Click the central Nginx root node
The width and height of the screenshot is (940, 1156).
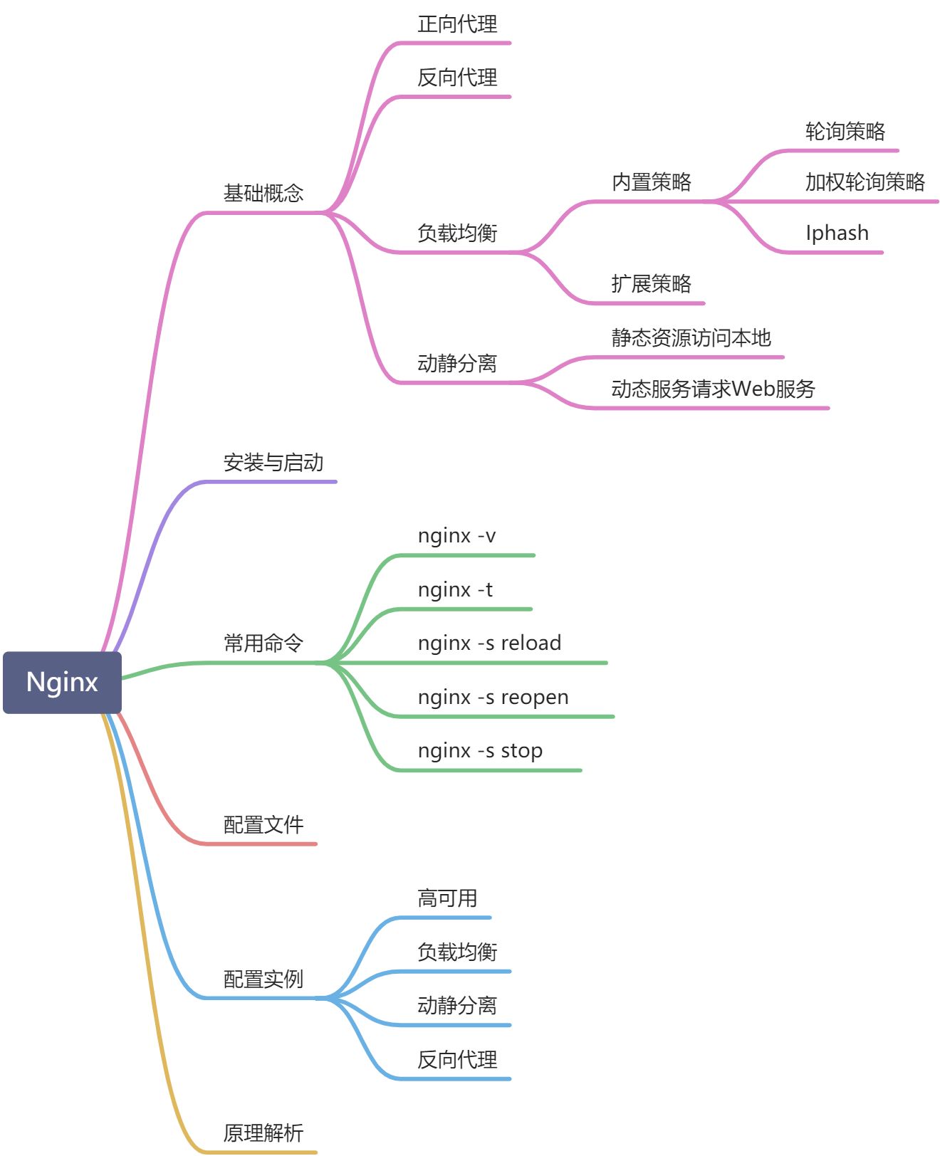point(62,682)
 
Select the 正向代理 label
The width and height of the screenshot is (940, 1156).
point(457,24)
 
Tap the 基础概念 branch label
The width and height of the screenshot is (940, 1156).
point(263,193)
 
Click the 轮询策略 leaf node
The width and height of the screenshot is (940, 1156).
point(845,132)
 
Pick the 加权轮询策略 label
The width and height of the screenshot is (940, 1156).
point(865,182)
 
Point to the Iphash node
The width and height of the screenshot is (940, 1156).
point(837,233)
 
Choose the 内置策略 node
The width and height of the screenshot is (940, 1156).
point(652,182)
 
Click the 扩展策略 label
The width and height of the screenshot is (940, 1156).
point(652,284)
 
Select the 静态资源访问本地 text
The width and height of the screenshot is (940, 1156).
point(691,338)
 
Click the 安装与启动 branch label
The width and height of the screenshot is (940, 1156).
point(273,463)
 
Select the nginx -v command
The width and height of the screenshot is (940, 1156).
point(457,536)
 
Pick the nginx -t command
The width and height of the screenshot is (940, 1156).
point(456,590)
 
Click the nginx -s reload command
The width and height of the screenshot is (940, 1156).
point(490,643)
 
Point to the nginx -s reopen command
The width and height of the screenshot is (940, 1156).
point(493,698)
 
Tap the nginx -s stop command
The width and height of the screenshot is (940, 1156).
point(481,751)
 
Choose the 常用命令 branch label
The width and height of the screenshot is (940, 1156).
point(263,643)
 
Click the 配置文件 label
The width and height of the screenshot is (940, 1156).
point(263,825)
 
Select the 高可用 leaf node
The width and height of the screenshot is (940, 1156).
point(447,898)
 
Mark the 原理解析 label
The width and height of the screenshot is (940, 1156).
point(263,1133)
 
